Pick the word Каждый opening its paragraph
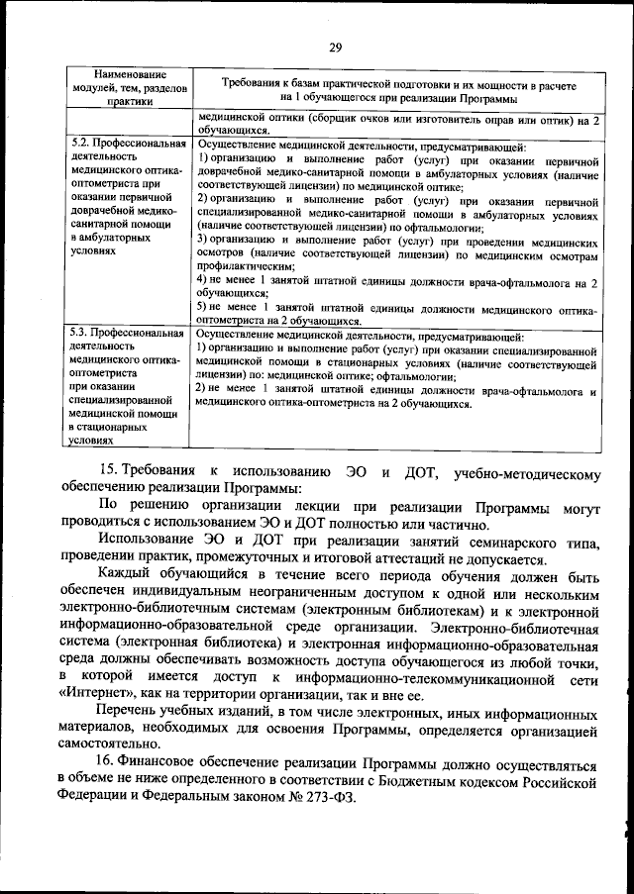(127, 574)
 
